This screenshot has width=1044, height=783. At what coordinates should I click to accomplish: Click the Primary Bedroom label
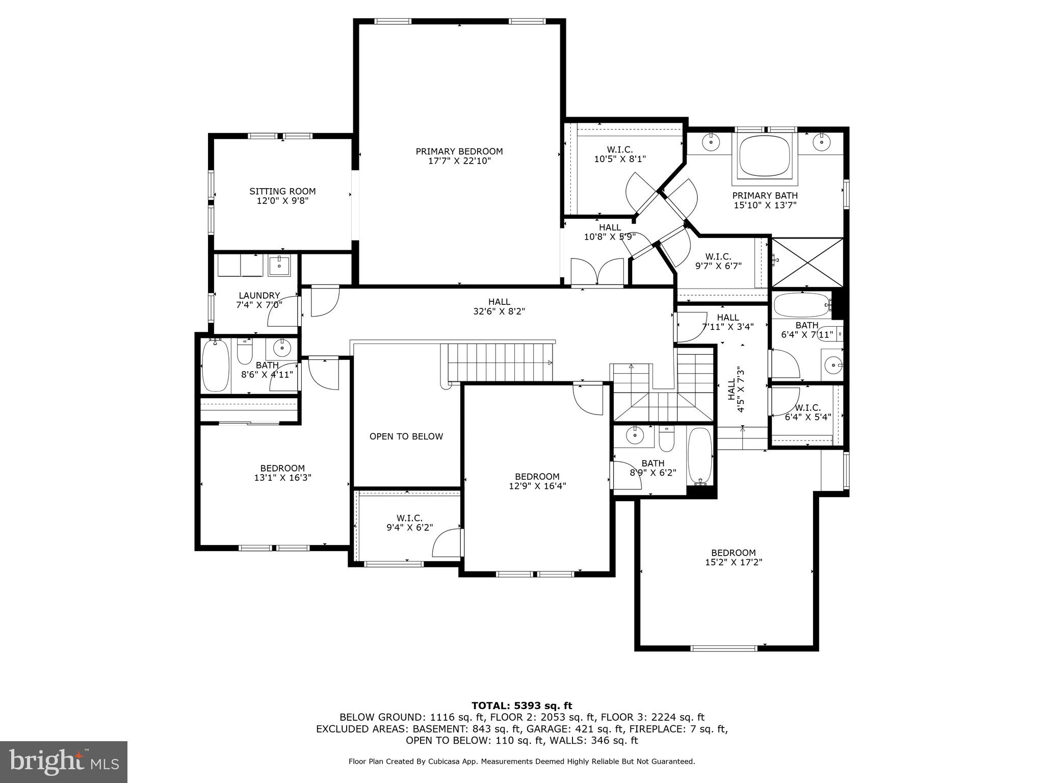coord(459,151)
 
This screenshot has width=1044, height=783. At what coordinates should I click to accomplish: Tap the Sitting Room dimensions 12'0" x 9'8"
coord(282,201)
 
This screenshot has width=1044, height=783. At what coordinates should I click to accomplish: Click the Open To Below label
coord(406,436)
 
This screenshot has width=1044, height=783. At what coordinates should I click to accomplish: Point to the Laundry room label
coord(259,296)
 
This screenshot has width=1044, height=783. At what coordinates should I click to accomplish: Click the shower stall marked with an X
coord(808,263)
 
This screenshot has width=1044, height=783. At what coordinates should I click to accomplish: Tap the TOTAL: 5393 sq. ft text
coord(521,706)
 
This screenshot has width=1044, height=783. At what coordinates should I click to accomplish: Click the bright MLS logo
coord(64,762)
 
